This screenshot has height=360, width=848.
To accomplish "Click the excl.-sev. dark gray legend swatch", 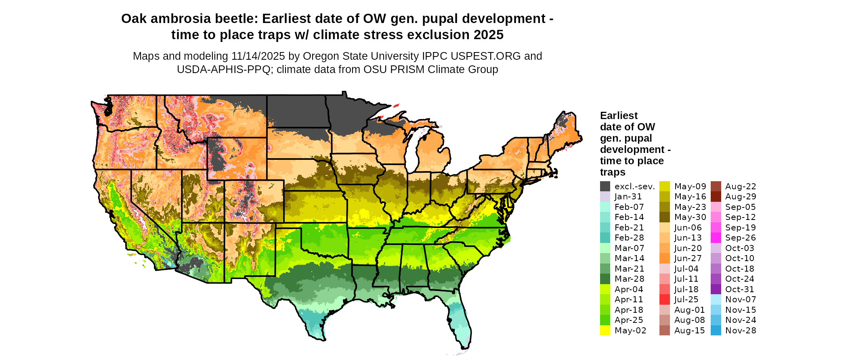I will click(x=605, y=186).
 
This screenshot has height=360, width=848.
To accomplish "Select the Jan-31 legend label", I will click(x=628, y=197).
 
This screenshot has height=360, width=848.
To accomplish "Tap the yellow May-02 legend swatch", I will click(x=605, y=331).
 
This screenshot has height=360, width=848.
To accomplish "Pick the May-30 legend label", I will click(x=690, y=217).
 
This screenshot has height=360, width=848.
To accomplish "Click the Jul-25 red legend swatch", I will click(x=665, y=299).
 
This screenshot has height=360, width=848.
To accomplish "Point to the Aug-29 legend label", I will click(x=741, y=197).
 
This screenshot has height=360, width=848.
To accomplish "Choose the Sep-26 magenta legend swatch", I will click(x=716, y=238).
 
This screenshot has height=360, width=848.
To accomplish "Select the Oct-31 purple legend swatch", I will click(x=716, y=289).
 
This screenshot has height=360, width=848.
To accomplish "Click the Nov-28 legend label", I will click(x=741, y=331).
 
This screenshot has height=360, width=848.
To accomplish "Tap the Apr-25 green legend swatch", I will click(x=605, y=320).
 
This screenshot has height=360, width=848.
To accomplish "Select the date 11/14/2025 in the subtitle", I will click(x=258, y=56).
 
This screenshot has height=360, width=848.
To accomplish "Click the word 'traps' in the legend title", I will click(x=613, y=172).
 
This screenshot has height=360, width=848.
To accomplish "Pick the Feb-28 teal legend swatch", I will click(x=605, y=238).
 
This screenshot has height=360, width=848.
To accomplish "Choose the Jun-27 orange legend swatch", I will click(x=665, y=258).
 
